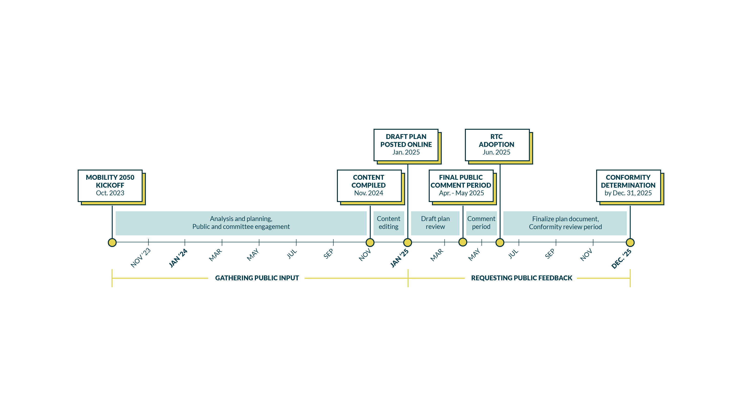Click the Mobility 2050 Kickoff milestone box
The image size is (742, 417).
click(110, 186)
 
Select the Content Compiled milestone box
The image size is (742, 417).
click(369, 186)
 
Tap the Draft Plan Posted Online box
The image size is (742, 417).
click(406, 145)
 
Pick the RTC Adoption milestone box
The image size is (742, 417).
click(497, 145)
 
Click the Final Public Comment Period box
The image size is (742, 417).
click(461, 186)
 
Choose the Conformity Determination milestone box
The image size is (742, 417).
click(628, 186)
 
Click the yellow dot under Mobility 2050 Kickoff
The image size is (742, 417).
click(112, 243)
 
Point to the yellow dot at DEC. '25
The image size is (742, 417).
click(630, 243)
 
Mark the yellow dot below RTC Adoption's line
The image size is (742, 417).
click(500, 243)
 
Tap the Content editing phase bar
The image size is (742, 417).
click(389, 223)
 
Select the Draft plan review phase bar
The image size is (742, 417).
click(435, 223)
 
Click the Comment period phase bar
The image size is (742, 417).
click(481, 223)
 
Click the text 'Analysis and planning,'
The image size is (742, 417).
click(241, 219)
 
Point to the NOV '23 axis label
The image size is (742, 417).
click(141, 258)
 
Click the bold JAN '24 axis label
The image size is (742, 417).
click(178, 258)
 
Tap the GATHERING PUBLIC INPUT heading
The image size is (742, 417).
click(257, 278)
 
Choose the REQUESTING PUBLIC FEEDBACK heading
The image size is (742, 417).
click(521, 278)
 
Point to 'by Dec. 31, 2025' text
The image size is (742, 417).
click(628, 193)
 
